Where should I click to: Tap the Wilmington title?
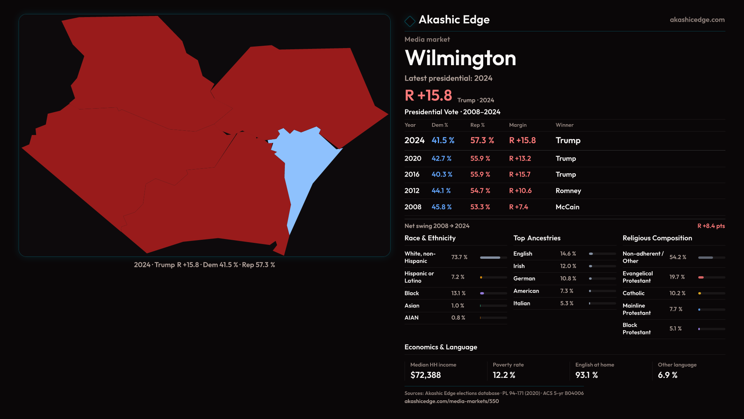[460, 58]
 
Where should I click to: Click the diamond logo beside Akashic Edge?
[410, 21]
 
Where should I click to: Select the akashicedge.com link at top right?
[697, 20]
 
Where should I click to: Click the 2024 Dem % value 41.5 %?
[443, 140]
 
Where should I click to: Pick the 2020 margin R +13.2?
[520, 159]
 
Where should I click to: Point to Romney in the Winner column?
[568, 191]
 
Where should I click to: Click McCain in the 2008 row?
[567, 207]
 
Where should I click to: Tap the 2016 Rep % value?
[480, 175]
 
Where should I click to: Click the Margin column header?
[518, 125]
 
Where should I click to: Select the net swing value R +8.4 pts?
[711, 226]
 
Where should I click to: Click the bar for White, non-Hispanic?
[490, 258]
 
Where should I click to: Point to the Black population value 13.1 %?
[458, 293]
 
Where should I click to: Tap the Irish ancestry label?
[519, 266]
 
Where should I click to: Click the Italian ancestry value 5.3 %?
[567, 303]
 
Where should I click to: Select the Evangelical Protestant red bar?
[701, 277]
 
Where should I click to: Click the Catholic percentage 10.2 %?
[677, 293]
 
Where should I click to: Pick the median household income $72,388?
[425, 375]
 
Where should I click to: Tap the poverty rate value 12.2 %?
[504, 375]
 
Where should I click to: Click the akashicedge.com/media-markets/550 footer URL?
[451, 401]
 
